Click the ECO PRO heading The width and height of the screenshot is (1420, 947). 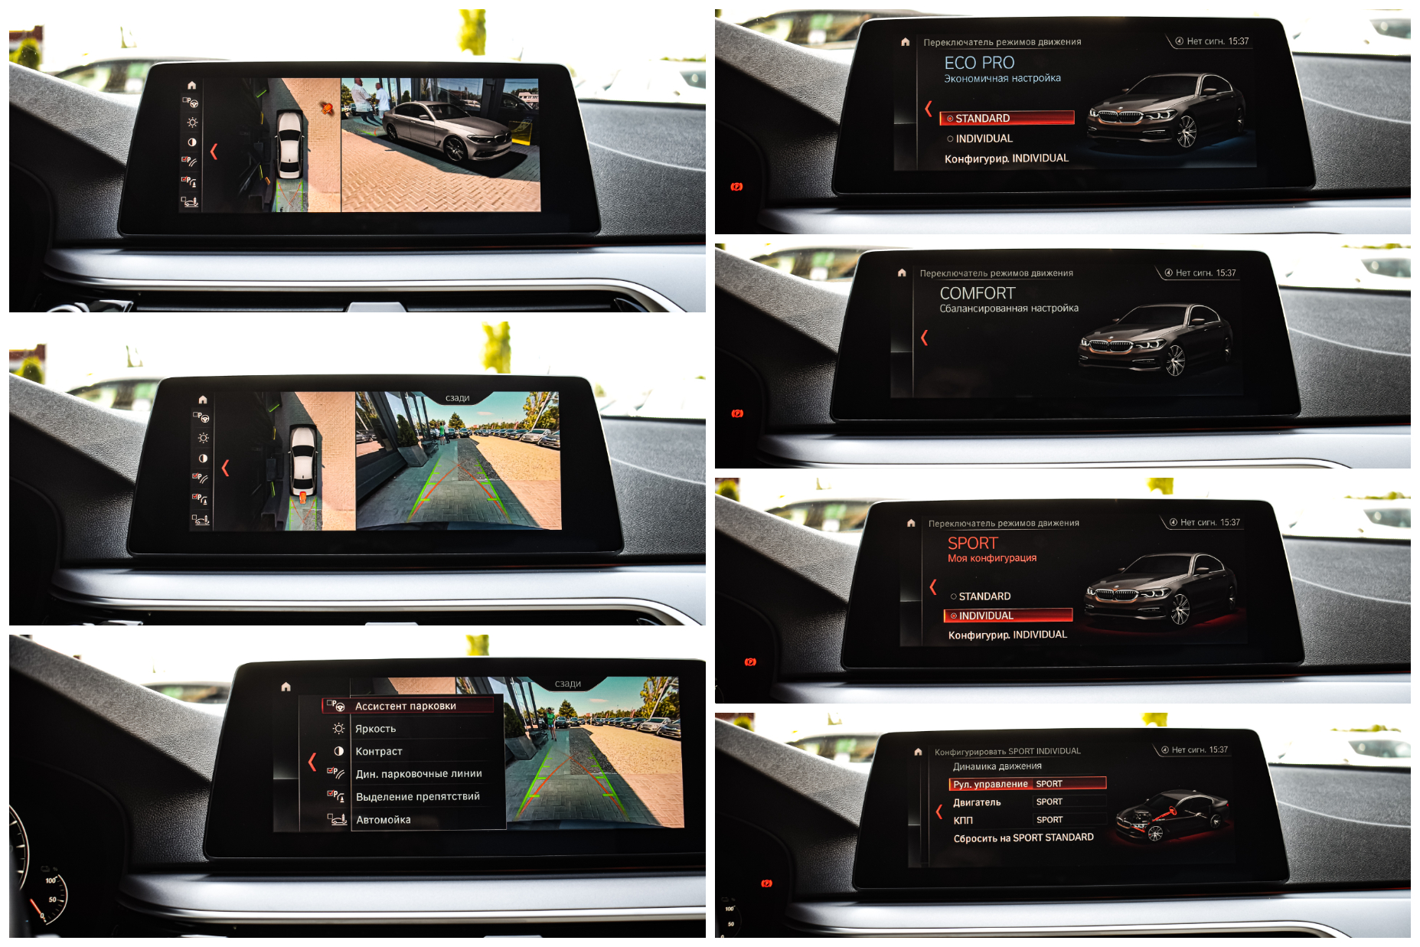pos(979,63)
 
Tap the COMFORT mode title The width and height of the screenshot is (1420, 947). pos(977,293)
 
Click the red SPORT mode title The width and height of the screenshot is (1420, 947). pos(972,543)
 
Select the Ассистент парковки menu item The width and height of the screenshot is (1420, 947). pos(405,706)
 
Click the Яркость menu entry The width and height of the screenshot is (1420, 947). pos(375,729)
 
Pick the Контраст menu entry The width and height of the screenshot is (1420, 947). pos(378,752)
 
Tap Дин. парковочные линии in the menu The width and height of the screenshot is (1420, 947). pos(419,774)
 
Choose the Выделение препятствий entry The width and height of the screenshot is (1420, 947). pos(417,797)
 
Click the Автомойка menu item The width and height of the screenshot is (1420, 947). pos(383,820)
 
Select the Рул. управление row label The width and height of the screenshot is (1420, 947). pos(990,784)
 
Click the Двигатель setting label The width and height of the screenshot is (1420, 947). pos(977,802)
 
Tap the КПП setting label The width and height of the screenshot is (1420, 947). pos(963,820)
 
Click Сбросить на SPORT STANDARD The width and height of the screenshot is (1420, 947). pos(1023,838)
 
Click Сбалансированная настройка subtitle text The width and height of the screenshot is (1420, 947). pos(1009,309)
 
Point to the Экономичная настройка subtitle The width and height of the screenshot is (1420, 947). pos(1002,78)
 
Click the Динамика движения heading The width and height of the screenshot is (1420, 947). pos(997,766)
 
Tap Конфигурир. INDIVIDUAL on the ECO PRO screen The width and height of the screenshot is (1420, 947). pos(1006,158)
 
